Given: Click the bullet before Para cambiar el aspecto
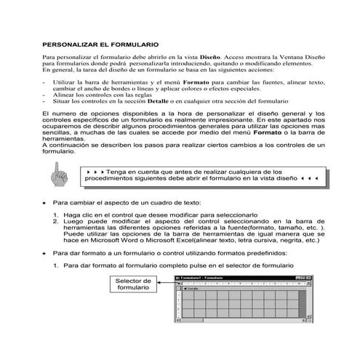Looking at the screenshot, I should [44, 203].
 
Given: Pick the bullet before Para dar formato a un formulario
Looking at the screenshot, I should [44, 253].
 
